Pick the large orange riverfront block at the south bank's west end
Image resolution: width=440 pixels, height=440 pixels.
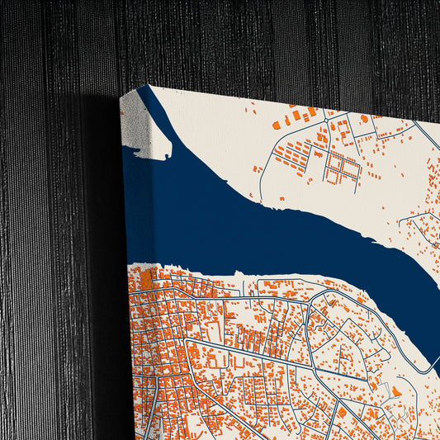[x=147, y=279]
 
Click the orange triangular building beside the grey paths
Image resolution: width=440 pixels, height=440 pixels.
[x=397, y=390]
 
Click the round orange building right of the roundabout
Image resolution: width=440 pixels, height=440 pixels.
[x=364, y=120]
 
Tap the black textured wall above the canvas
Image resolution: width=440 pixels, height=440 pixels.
[x=248, y=41]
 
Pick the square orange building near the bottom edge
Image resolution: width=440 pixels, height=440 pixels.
[x=341, y=412]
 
